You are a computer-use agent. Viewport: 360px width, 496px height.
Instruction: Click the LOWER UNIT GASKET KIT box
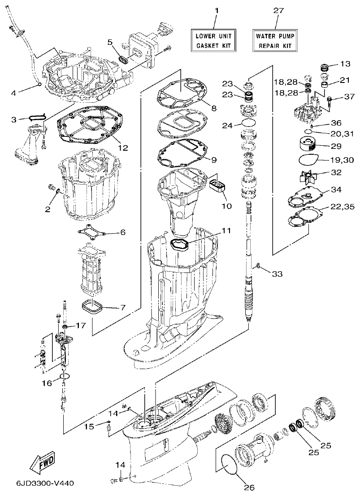coord(214,40)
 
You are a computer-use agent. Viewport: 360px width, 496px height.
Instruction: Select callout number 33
coord(278,274)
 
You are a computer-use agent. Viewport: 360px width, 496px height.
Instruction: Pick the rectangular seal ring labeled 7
coord(93,307)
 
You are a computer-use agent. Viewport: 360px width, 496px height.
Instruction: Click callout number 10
coord(227,207)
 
